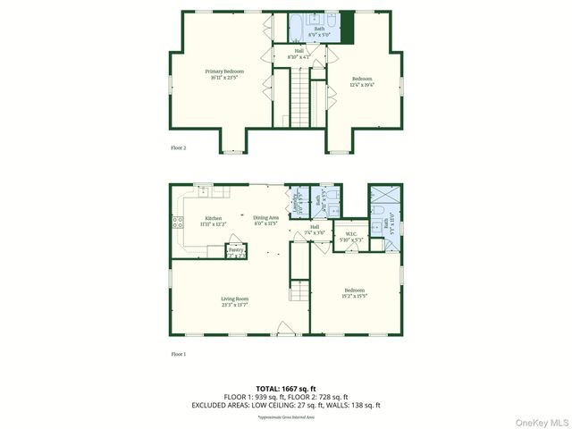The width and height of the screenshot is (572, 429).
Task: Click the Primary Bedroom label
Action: point(223,71)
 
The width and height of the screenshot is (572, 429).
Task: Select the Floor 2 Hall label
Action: point(299,51)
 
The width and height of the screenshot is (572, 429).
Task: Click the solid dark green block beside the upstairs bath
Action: point(347,28)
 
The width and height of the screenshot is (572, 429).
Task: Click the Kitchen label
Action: point(213,218)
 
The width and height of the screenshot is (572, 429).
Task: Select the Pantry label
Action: point(236,250)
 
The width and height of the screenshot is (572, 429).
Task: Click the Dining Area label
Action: point(265,218)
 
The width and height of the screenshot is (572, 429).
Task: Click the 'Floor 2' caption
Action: point(179,147)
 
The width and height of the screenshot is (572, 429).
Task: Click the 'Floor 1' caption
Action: point(179,354)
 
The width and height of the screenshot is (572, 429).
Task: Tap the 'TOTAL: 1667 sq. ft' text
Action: point(286,389)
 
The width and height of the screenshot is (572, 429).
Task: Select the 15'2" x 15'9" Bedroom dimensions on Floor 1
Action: point(355,296)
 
